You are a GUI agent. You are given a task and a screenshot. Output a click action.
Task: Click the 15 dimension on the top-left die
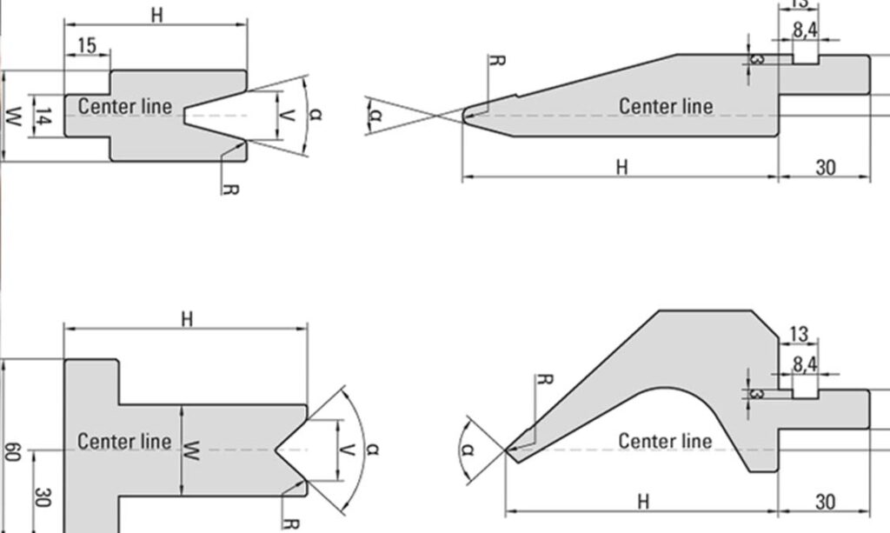pyautogui.click(x=86, y=46)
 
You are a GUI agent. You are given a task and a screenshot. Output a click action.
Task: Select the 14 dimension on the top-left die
pyautogui.click(x=43, y=115)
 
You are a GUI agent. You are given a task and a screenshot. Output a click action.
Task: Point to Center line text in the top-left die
pyautogui.click(x=126, y=106)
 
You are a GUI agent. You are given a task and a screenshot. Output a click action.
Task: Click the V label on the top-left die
pyautogui.click(x=289, y=114)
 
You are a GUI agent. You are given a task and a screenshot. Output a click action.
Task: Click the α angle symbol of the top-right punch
pyautogui.click(x=375, y=114)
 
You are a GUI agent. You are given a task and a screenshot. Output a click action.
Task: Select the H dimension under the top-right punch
pyautogui.click(x=621, y=167)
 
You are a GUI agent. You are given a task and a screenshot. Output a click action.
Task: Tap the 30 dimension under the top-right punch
pyautogui.click(x=825, y=167)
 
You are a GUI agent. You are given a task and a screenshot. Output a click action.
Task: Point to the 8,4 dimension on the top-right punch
pyautogui.click(x=805, y=30)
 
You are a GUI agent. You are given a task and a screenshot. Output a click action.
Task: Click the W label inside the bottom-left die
pyautogui.click(x=194, y=450)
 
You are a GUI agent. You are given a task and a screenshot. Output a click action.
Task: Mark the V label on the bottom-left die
pyautogui.click(x=346, y=450)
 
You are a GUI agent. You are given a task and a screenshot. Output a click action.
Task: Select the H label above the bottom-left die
pyautogui.click(x=187, y=318)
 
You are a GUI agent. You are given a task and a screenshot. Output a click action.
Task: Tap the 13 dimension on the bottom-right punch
pyautogui.click(x=799, y=335)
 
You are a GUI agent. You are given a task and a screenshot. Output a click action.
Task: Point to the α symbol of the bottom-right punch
pyautogui.click(x=468, y=450)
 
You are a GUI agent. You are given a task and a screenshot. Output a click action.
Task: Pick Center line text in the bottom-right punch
pyautogui.click(x=665, y=441)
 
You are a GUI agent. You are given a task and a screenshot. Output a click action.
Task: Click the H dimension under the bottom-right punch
pyautogui.click(x=643, y=502)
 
